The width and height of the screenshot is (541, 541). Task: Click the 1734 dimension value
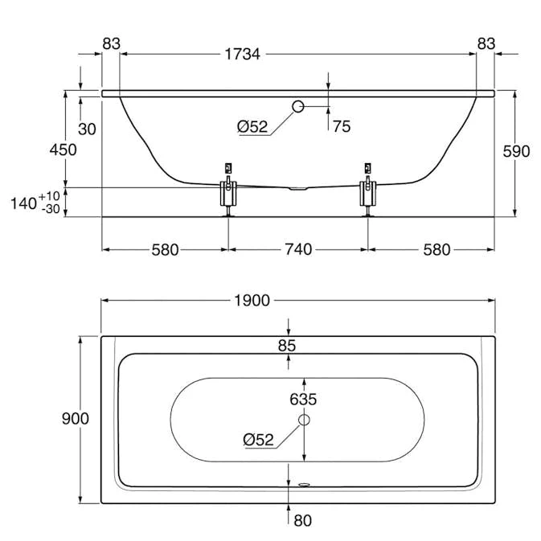(243, 55)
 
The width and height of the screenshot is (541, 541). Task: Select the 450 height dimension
(63, 150)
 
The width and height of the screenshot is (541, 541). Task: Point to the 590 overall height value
(515, 151)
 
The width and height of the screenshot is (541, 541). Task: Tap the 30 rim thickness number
(88, 129)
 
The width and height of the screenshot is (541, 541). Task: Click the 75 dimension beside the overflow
(341, 126)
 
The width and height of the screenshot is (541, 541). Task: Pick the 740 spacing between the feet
(298, 249)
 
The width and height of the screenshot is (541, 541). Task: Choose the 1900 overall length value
(252, 301)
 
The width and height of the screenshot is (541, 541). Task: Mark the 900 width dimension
(75, 419)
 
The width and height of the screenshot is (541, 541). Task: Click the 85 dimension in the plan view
(288, 346)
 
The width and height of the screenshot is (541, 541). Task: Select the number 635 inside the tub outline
(305, 399)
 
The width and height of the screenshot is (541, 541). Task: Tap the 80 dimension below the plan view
(303, 520)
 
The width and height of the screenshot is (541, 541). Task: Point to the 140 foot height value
(23, 203)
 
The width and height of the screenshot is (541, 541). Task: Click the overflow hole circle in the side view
(298, 106)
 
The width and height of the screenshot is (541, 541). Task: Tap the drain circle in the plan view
(304, 419)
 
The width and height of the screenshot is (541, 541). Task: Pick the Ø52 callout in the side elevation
(252, 126)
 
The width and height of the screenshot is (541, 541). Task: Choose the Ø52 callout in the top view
(259, 439)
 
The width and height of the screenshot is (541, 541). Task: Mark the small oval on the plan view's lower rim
(304, 485)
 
